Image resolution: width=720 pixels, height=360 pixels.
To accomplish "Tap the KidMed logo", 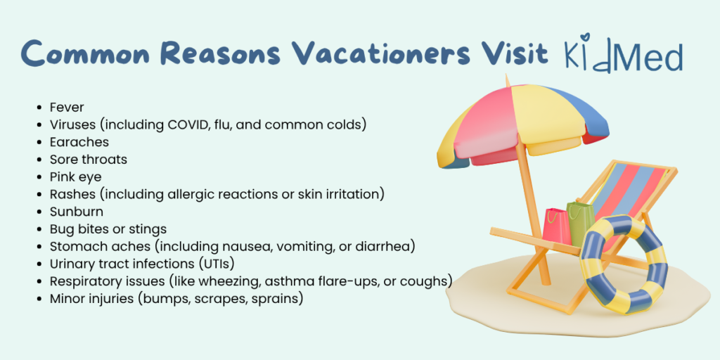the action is click(x=623, y=55).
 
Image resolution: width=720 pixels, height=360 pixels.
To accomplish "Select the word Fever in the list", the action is click(x=67, y=108).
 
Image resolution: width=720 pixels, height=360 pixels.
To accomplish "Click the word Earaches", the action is click(x=79, y=142).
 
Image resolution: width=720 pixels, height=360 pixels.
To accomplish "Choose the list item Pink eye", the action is click(x=76, y=177).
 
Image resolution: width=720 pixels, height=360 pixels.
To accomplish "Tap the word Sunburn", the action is click(x=77, y=212).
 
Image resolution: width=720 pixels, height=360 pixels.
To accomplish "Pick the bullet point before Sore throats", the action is click(x=39, y=160).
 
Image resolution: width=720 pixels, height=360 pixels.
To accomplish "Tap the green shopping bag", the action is click(x=579, y=223).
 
